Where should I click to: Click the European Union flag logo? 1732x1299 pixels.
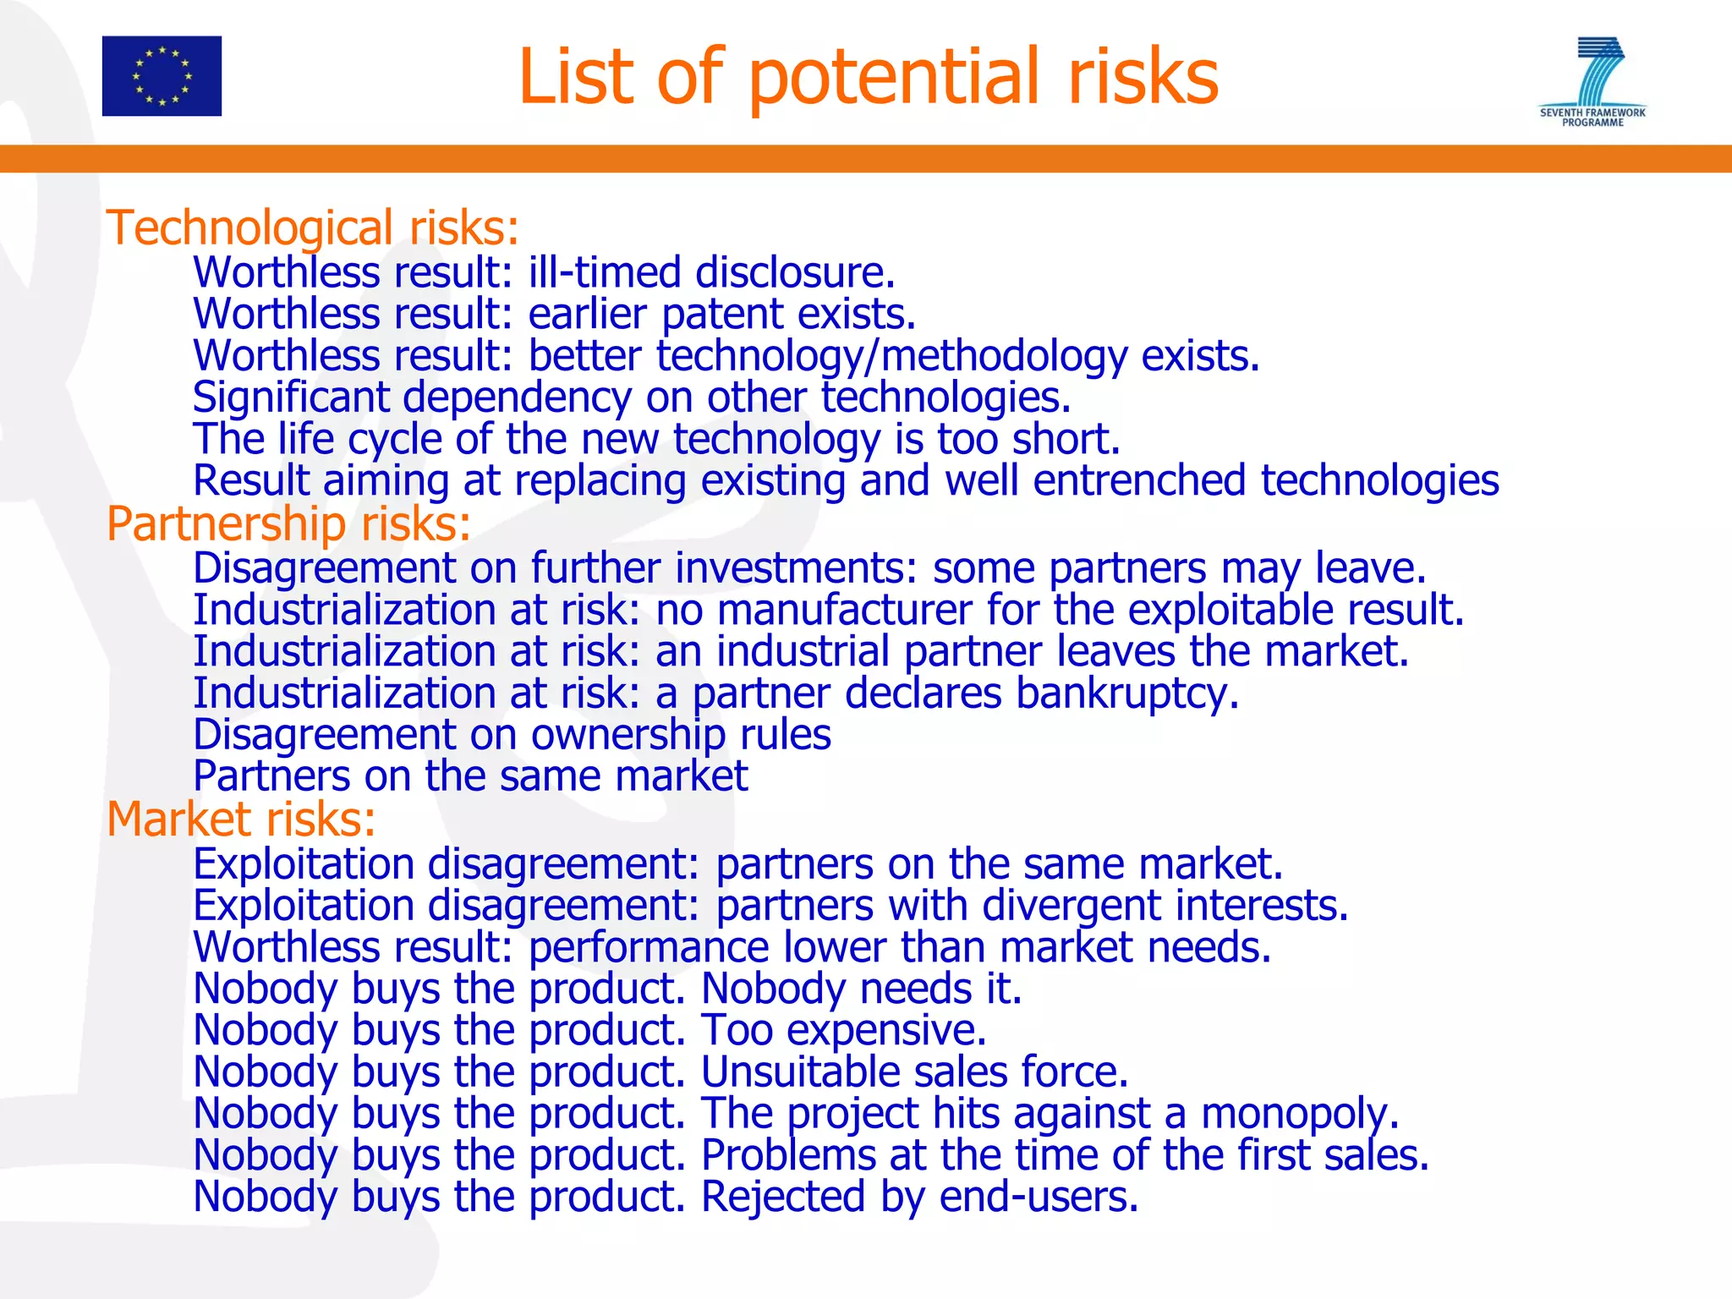pyautogui.click(x=162, y=76)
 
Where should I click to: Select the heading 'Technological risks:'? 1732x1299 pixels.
pyautogui.click(x=312, y=228)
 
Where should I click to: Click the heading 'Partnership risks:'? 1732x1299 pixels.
pyautogui.click(x=288, y=523)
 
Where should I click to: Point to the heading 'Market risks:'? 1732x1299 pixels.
pyautogui.click(x=241, y=819)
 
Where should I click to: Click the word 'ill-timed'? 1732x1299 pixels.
pyautogui.click(x=604, y=273)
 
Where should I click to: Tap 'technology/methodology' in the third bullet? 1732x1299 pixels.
pyautogui.click(x=891, y=356)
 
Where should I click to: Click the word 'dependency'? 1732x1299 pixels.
pyautogui.click(x=517, y=397)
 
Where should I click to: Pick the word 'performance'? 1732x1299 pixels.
pyautogui.click(x=648, y=947)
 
